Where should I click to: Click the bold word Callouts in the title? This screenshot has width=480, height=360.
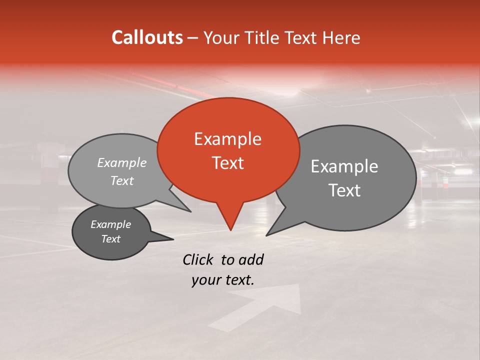(147, 37)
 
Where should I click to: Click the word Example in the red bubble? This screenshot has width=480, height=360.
(227, 139)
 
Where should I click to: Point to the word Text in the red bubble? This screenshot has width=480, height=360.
(227, 163)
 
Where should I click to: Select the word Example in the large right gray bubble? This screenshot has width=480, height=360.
(344, 166)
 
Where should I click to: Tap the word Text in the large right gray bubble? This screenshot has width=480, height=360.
(344, 190)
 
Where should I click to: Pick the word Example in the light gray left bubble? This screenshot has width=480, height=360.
(121, 163)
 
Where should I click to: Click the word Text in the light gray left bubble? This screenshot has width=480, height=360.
(121, 181)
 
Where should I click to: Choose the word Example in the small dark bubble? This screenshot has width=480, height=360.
(110, 224)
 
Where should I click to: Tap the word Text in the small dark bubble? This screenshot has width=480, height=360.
(110, 239)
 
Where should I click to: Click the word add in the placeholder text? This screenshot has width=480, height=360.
(251, 259)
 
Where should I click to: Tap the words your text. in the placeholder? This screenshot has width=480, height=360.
(222, 280)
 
